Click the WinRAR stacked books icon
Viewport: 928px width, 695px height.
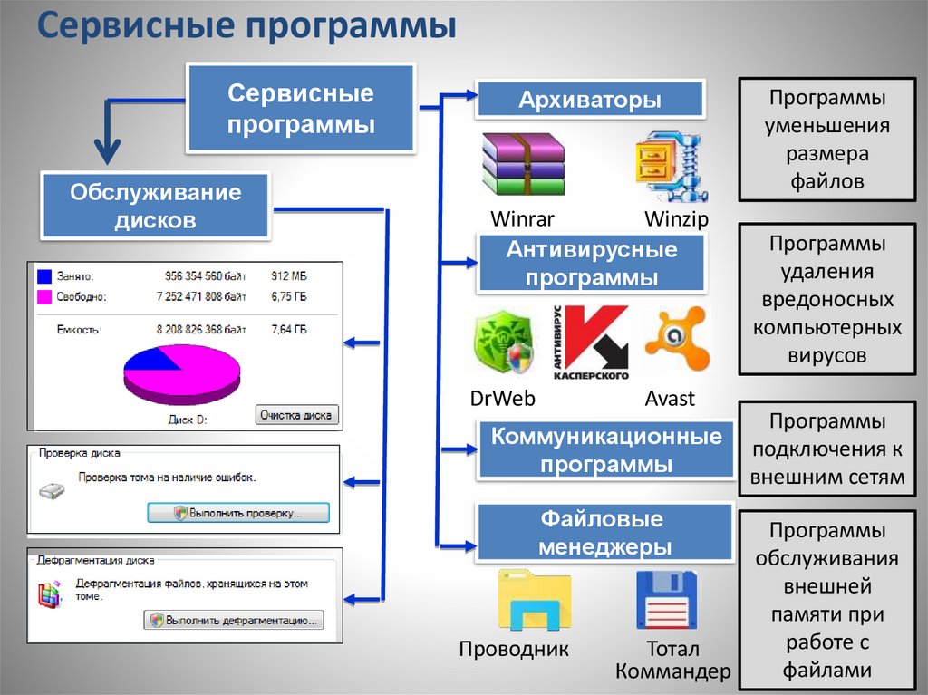[x=523, y=164]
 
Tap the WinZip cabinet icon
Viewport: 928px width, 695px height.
[x=672, y=165]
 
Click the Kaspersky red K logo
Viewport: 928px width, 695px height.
[x=589, y=343]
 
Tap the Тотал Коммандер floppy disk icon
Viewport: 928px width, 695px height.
[x=667, y=600]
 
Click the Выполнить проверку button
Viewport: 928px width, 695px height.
[x=238, y=513]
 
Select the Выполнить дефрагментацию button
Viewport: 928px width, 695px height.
[x=233, y=621]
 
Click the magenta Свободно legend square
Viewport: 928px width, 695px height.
[x=44, y=296]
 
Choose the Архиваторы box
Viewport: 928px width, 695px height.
[x=590, y=99]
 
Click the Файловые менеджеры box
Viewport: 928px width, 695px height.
[x=604, y=533]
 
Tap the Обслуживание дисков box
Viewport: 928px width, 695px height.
[x=156, y=206]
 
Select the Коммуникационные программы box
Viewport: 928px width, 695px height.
[x=606, y=450]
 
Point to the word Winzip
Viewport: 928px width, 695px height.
[x=676, y=219]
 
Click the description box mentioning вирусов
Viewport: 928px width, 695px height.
[x=826, y=299]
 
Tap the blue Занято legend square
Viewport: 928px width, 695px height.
[x=44, y=275]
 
